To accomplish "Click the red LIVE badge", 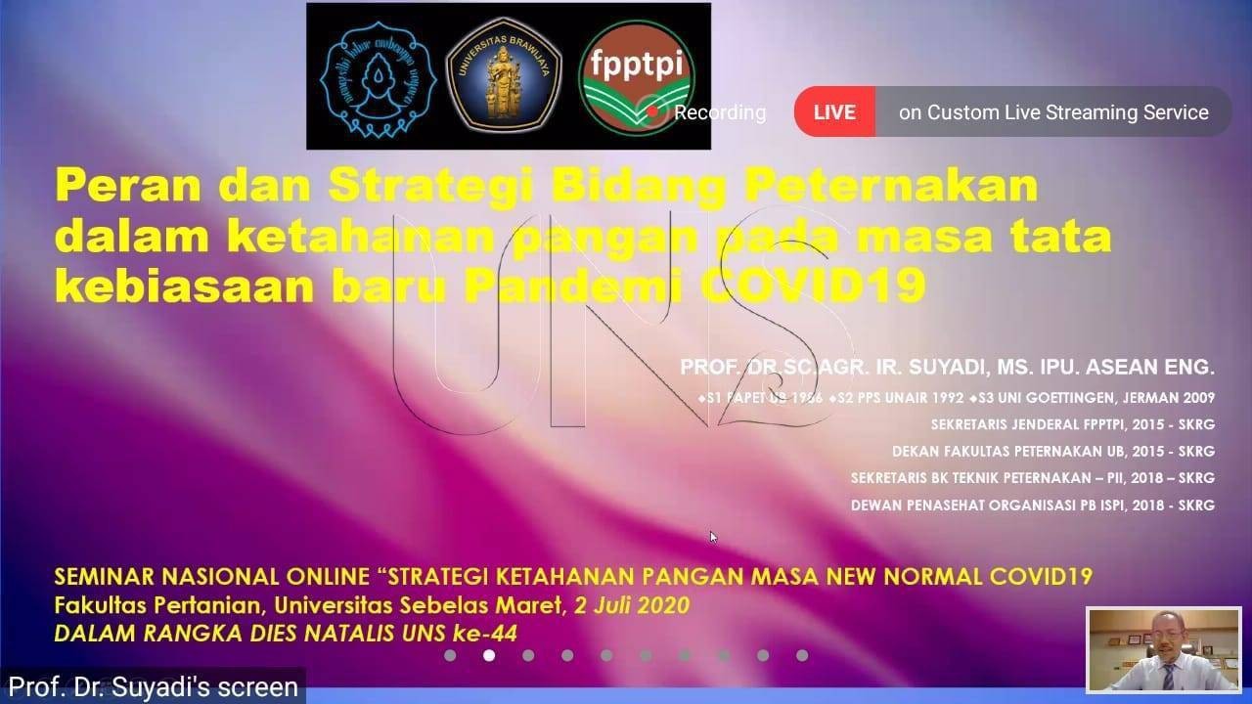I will coord(833,112).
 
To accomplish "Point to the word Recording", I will coord(720,112).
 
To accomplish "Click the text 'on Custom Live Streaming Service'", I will coord(1053,112).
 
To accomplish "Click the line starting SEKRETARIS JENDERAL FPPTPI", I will coord(1072,424).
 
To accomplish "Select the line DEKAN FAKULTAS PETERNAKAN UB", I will coord(1052,452).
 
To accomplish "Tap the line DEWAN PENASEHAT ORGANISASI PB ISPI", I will coord(1032,506).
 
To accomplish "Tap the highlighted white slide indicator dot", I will coord(489,655).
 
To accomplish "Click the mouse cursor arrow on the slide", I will coord(714,537).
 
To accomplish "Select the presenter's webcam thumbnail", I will coord(1163,650).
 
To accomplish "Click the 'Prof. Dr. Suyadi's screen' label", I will coord(153,686).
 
